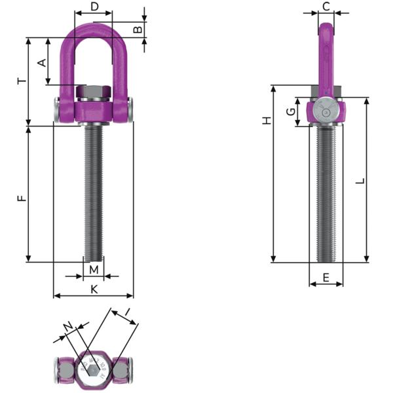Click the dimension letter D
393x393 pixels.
(x=94, y=7)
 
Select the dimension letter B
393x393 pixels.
(x=138, y=30)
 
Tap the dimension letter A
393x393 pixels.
(x=41, y=62)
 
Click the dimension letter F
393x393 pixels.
(x=22, y=196)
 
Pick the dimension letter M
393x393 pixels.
(x=94, y=270)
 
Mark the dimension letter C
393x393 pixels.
(x=326, y=7)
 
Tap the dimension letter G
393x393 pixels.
(x=291, y=112)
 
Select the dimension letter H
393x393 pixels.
(x=266, y=121)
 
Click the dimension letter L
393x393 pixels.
(x=359, y=180)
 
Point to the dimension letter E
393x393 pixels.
(x=326, y=278)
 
